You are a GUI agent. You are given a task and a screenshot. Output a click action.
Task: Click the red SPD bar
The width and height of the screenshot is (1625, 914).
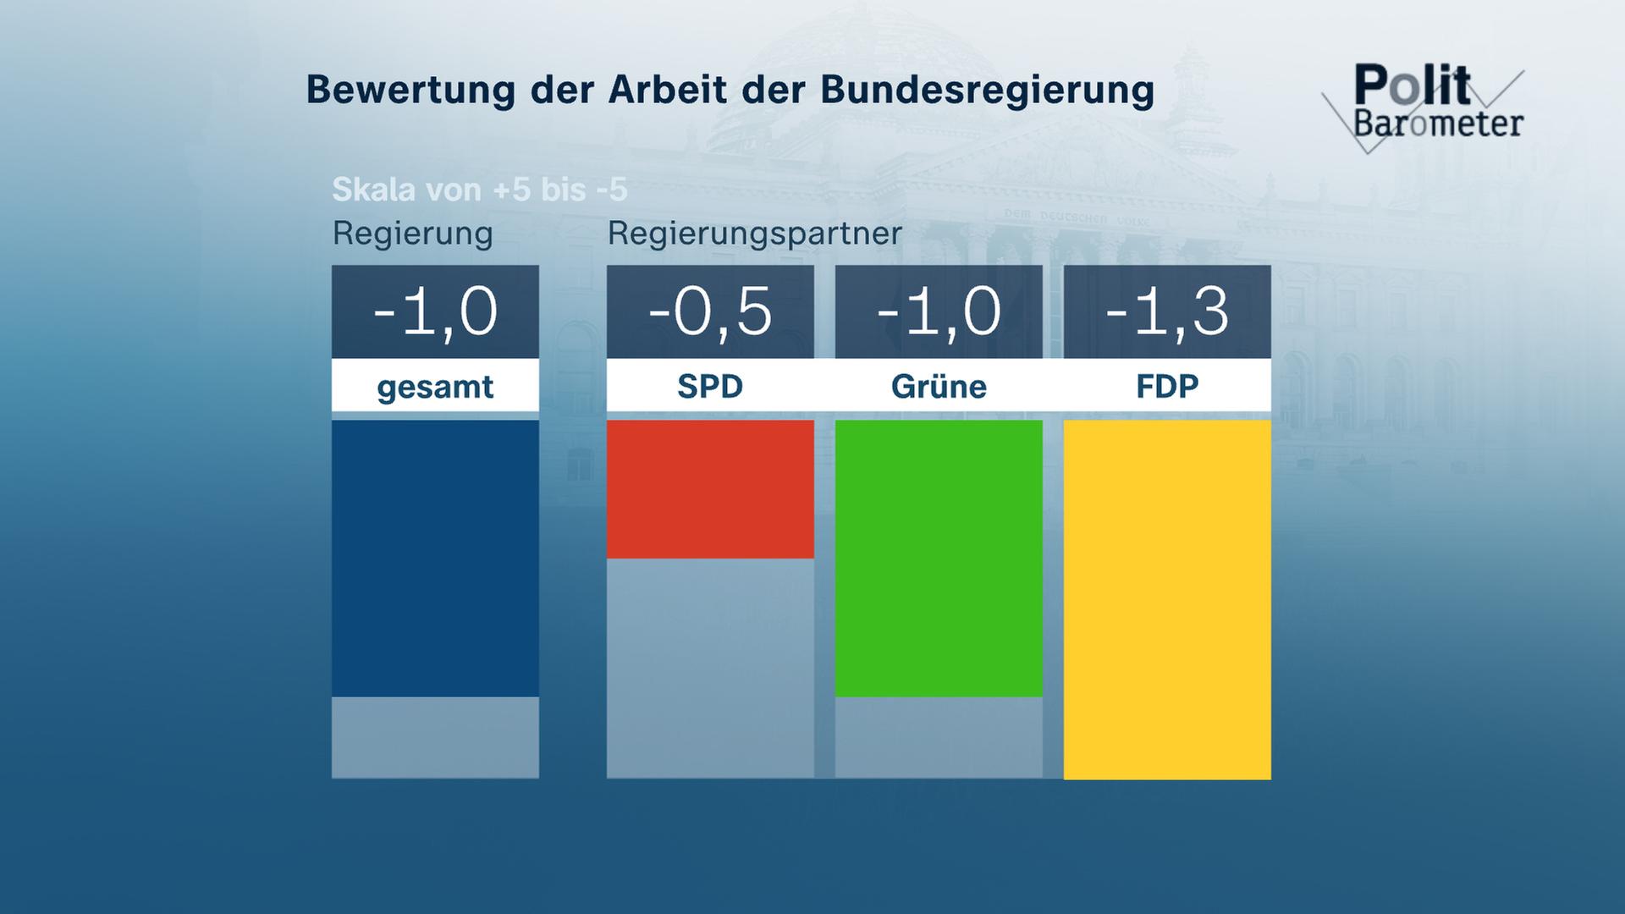click(710, 489)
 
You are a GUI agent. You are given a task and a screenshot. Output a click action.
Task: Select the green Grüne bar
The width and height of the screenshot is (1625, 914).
click(939, 559)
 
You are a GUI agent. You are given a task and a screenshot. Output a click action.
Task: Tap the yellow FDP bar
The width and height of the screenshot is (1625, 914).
click(1167, 599)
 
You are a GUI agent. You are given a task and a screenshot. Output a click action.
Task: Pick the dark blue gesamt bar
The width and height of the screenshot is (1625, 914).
click(435, 559)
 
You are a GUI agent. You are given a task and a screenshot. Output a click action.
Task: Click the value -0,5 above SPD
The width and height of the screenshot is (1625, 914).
click(710, 311)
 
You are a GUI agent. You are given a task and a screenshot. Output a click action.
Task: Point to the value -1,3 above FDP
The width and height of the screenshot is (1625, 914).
click(1167, 311)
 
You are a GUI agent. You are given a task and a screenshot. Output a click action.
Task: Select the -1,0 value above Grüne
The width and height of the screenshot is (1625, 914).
click(939, 311)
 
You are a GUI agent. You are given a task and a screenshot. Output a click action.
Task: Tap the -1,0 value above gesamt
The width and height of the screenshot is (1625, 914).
click(435, 311)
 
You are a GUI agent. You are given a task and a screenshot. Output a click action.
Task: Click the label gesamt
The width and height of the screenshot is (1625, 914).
click(435, 387)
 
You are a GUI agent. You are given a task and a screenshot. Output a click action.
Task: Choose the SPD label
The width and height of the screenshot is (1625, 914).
click(710, 386)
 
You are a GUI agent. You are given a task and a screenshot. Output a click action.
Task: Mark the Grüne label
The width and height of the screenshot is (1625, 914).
click(939, 386)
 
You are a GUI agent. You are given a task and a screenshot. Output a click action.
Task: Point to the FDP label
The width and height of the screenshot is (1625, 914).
click(1167, 386)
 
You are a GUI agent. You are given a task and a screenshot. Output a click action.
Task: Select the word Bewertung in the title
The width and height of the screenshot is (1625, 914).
click(410, 90)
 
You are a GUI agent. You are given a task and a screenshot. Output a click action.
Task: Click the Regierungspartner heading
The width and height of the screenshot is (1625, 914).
click(755, 233)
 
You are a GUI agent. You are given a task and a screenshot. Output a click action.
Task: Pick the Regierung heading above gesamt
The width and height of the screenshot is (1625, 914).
click(412, 233)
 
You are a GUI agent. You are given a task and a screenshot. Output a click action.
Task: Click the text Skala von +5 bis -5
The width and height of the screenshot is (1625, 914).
click(480, 190)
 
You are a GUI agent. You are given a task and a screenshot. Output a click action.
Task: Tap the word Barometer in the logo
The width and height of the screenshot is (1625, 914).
click(1438, 124)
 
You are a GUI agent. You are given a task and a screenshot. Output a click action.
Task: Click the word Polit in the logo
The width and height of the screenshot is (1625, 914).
click(1412, 85)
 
